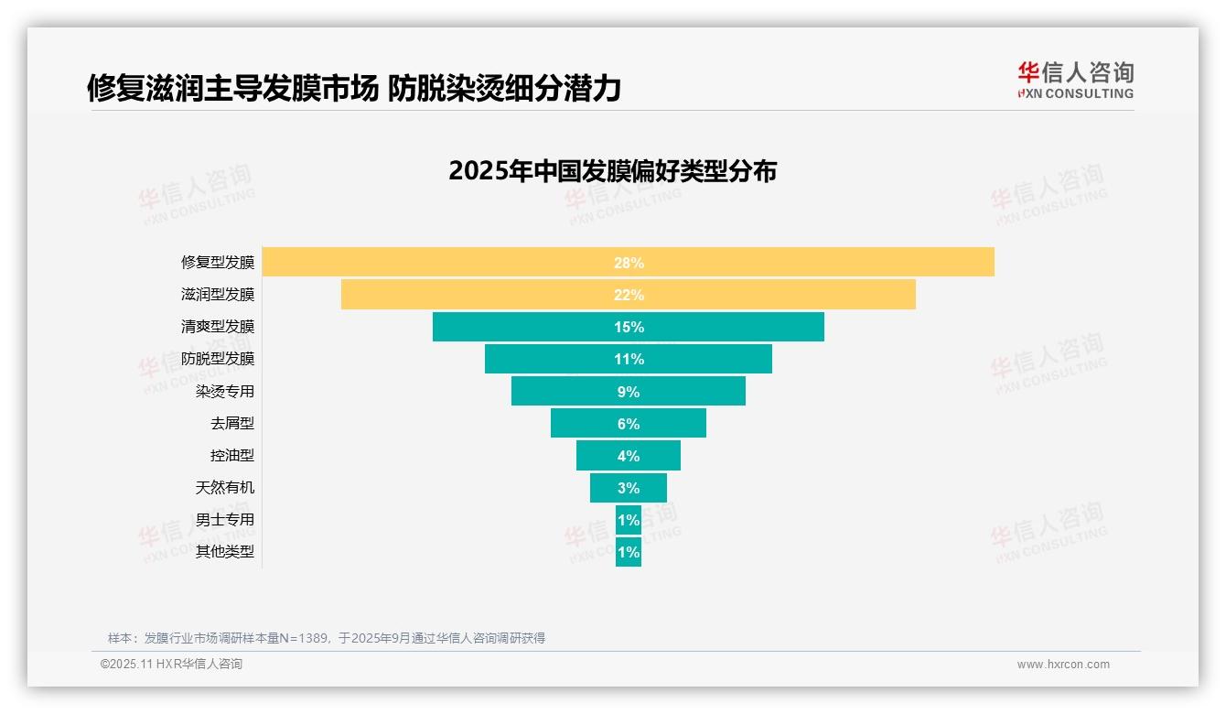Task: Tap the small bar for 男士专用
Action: click(629, 520)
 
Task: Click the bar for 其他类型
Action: click(629, 552)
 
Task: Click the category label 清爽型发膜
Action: click(218, 327)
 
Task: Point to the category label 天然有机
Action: click(225, 488)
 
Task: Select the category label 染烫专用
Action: click(225, 392)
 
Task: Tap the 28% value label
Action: click(629, 263)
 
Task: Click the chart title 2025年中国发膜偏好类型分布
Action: click(612, 171)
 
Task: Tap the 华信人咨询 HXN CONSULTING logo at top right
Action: click(1075, 80)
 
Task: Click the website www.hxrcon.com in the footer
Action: click(1063, 665)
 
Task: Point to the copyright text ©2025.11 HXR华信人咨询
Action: click(171, 665)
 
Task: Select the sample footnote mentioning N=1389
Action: click(327, 638)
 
